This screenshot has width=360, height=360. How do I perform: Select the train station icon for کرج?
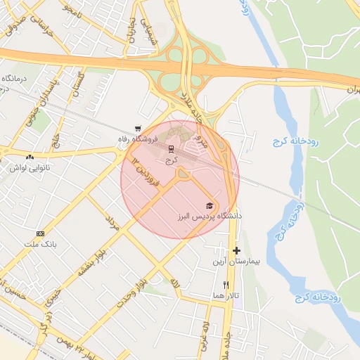coord(170,149)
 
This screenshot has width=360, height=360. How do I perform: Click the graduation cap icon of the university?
coord(209,205)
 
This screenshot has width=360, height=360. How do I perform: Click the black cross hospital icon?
coord(236,250)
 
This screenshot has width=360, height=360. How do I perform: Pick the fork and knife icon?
coord(225,285)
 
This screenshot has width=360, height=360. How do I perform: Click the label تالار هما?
coord(226,296)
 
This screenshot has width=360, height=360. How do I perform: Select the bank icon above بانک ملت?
coord(40,233)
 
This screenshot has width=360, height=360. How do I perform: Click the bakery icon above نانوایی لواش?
coord(30,157)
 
